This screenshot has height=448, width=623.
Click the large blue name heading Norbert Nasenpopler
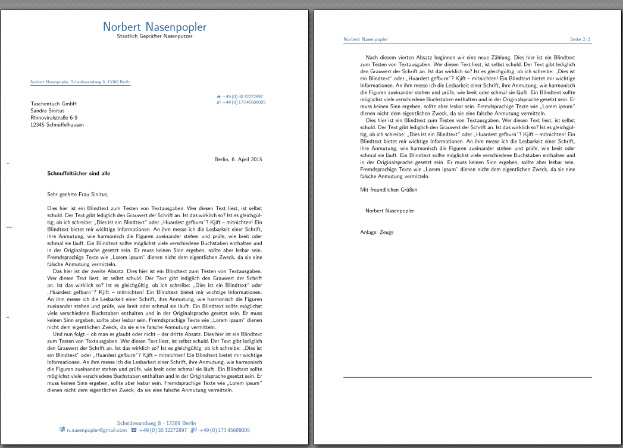[155, 27]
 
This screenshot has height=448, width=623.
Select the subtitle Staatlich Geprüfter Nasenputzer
[155, 37]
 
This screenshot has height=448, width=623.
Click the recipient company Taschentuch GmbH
[54, 104]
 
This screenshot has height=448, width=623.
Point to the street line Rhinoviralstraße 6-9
[54, 118]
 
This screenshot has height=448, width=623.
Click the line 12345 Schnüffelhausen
[57, 125]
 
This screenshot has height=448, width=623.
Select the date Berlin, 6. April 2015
[238, 159]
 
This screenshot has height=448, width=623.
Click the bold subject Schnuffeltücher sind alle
[79, 173]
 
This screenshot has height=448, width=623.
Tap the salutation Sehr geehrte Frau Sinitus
[77, 193]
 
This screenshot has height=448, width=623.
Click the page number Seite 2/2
[580, 39]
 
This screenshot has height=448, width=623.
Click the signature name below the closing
[390, 211]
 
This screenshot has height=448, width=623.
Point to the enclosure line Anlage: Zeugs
[377, 232]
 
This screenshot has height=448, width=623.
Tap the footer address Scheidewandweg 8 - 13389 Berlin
[156, 423]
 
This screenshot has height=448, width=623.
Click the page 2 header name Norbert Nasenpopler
[365, 39]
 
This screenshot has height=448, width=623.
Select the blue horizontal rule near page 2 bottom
[467, 377]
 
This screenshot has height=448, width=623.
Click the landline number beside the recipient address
[243, 96]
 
